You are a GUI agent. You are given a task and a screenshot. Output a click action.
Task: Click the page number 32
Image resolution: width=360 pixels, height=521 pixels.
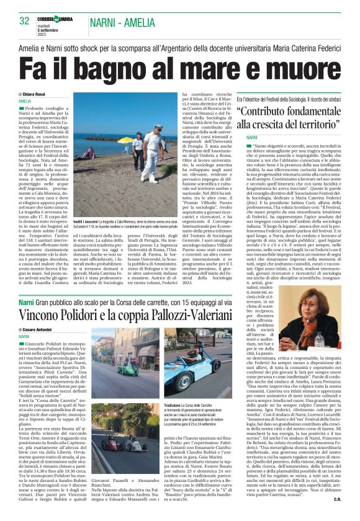(x=25, y=21)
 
